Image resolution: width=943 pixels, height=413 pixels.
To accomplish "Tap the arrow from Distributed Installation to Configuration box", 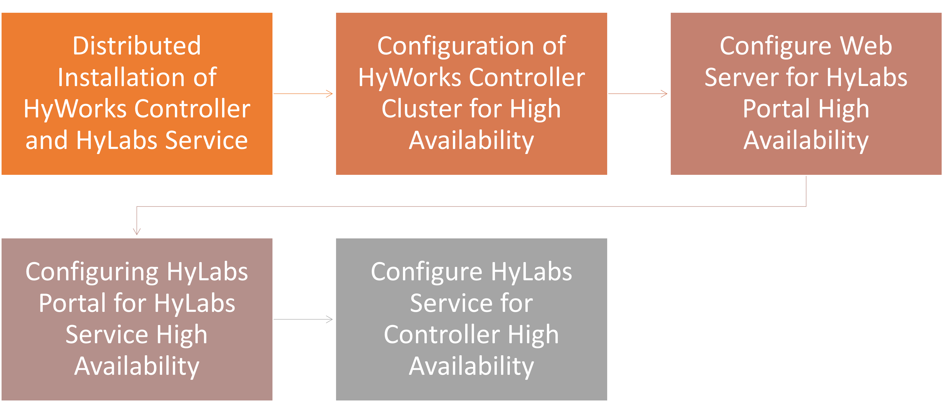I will (303, 94).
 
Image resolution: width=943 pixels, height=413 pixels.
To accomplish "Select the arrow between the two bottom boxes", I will (303, 319).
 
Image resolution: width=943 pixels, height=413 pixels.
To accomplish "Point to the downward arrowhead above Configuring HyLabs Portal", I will (137, 231).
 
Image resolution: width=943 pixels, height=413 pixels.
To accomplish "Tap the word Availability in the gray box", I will (471, 366).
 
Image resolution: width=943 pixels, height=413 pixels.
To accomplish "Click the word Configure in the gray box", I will (426, 272).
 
